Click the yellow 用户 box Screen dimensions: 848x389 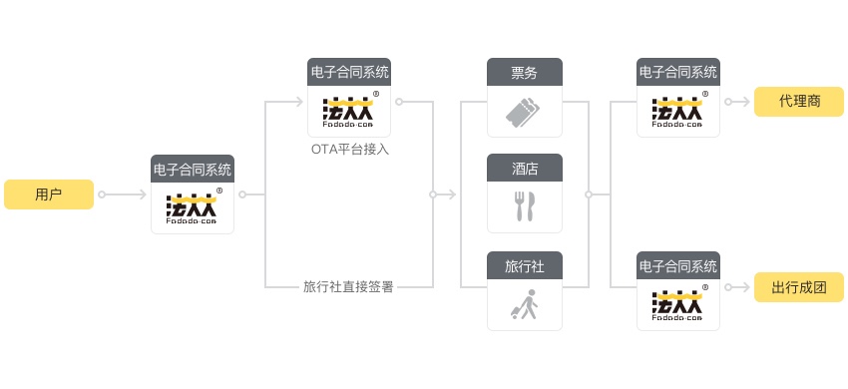click(48, 194)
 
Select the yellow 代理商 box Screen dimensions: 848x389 click(799, 102)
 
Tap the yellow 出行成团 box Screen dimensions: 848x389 click(799, 288)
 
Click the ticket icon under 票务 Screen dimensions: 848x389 click(525, 111)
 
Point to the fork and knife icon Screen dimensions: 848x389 click(525, 206)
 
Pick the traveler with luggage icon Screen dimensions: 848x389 click(525, 304)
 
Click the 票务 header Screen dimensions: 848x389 click(525, 72)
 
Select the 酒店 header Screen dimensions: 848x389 click(525, 168)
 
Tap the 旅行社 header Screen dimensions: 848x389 click(525, 265)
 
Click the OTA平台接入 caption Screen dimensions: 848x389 click(349, 150)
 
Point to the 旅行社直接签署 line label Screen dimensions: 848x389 click(348, 287)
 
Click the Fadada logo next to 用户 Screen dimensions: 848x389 click(193, 208)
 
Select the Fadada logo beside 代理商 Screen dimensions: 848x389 click(678, 110)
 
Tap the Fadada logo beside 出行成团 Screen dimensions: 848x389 click(678, 305)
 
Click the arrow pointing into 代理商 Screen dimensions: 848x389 click(737, 102)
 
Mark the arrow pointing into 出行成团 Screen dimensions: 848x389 click(737, 288)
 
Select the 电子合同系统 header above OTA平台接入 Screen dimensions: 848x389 click(349, 72)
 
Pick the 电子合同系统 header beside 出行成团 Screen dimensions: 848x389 click(678, 266)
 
